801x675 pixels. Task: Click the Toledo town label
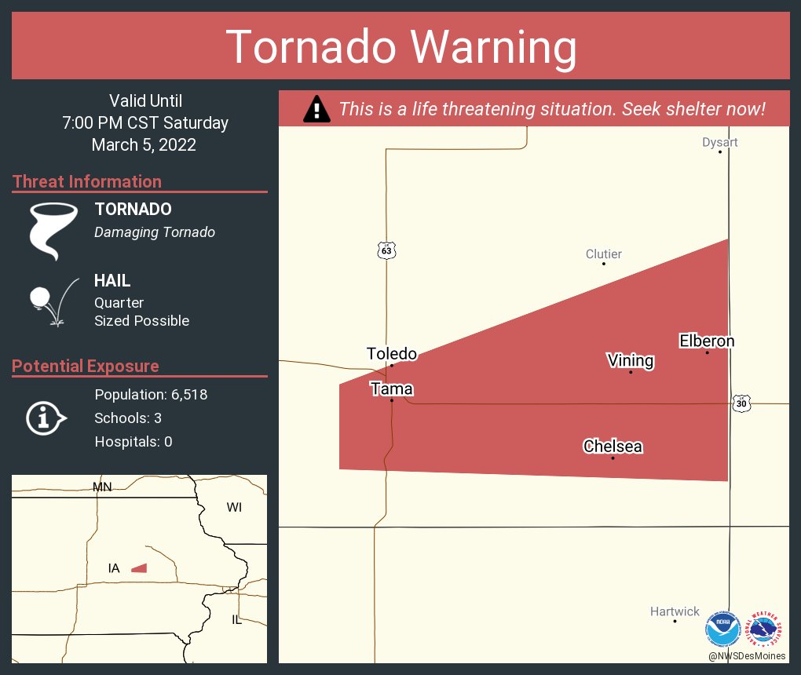391,354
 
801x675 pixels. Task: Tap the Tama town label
391,389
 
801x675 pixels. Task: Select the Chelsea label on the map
613,447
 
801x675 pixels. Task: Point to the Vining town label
631,360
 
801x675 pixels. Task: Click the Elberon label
707,341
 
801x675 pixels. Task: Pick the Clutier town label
603,254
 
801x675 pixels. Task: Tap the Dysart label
719,142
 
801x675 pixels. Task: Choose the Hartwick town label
675,611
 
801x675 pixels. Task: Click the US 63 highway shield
386,250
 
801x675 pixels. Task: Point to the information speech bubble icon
46,418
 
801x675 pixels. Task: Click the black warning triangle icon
316,108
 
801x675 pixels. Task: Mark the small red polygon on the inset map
139,567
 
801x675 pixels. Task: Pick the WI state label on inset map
234,507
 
